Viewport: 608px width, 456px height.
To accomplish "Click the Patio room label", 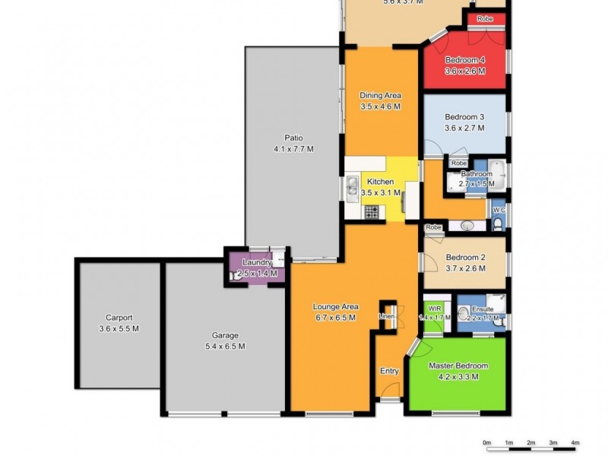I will (293, 138).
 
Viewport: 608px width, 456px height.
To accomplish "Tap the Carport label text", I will (119, 318).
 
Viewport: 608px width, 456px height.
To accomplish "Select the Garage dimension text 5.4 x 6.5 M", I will (225, 346).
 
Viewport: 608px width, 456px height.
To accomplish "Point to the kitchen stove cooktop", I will (372, 213).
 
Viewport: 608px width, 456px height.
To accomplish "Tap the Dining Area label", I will (380, 95).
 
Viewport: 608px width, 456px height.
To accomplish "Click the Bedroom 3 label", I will (464, 116).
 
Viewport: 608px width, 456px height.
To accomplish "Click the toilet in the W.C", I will (497, 223).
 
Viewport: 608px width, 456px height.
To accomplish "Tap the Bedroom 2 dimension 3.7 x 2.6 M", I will (464, 268).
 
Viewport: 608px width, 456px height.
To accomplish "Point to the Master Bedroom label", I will (458, 366).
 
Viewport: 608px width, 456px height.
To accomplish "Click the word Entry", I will (389, 371).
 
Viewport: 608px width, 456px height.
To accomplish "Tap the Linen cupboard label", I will (387, 316).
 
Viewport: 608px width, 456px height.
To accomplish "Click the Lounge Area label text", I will (335, 307).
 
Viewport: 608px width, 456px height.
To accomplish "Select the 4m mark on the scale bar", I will (575, 442).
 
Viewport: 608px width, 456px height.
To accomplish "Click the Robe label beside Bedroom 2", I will (434, 227).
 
